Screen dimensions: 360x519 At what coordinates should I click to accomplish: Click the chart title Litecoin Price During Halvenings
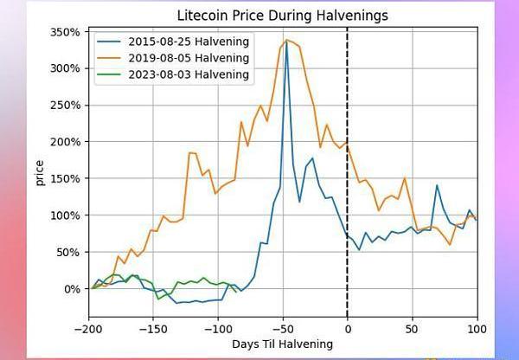pos(282,15)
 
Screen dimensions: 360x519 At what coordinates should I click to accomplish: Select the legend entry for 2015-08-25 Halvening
pos(188,41)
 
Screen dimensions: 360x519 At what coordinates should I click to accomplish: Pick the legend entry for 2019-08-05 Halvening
pos(188,57)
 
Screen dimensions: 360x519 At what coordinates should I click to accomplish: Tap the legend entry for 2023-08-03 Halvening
pos(188,74)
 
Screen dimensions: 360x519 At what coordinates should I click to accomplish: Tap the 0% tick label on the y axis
pos(73,288)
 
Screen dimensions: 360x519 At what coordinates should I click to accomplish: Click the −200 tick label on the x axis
pos(88,329)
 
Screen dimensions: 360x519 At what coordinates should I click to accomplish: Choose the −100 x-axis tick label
pos(217,329)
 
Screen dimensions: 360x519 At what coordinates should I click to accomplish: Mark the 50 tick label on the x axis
pos(412,329)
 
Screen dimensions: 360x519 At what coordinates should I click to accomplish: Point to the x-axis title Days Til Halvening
pos(282,344)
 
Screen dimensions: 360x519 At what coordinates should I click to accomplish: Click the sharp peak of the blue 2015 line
pos(286,42)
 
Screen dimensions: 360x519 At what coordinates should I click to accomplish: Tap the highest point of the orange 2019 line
pos(287,39)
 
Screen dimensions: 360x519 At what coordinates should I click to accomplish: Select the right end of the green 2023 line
pos(234,292)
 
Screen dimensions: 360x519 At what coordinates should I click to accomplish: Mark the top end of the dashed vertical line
pos(347,28)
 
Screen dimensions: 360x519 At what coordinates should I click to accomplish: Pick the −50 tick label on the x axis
pos(282,329)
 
